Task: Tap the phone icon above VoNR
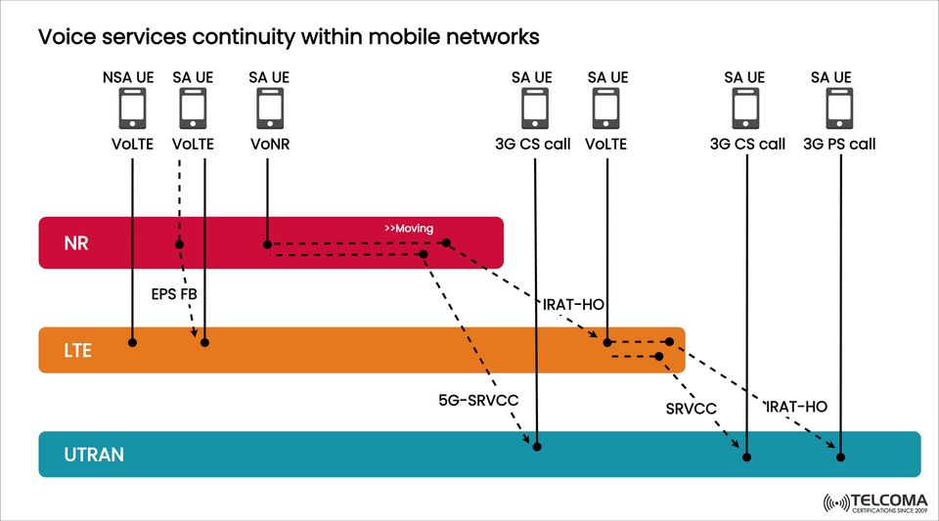(268, 109)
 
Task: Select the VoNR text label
(268, 144)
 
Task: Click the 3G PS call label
(839, 144)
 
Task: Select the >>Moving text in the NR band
(409, 229)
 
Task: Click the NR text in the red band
(76, 242)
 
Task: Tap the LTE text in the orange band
(77, 349)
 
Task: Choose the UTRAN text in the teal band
(96, 455)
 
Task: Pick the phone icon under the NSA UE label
(131, 109)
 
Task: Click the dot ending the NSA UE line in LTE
(131, 342)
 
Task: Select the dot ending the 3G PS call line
(839, 456)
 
